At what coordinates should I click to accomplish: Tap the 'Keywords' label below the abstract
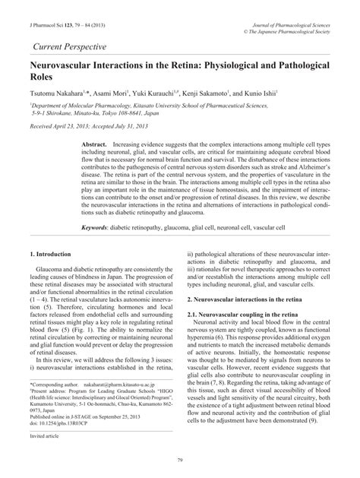(x=100, y=226)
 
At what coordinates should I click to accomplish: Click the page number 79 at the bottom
(x=179, y=458)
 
